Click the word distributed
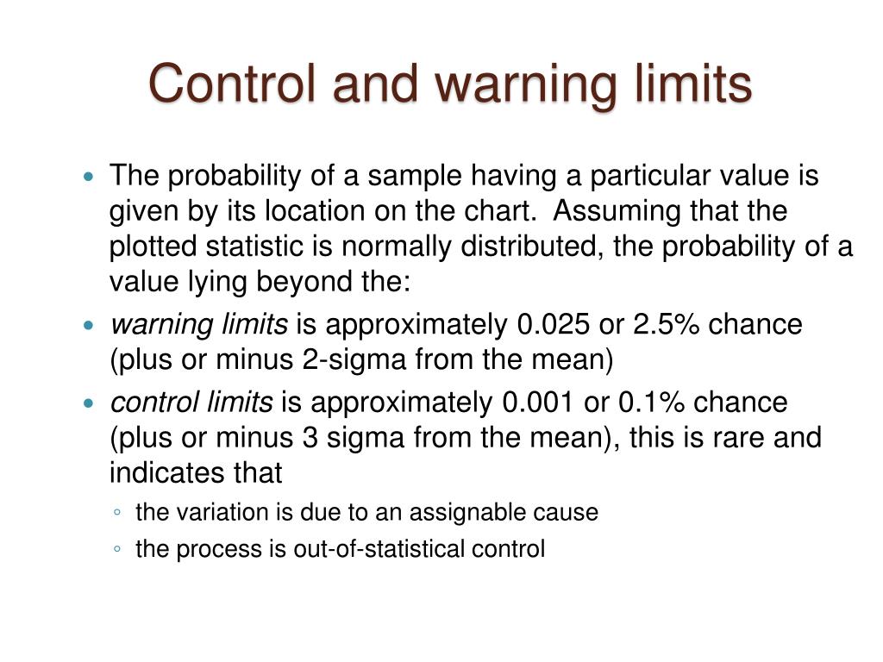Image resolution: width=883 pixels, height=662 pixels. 533,247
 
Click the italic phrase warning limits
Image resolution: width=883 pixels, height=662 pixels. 199,325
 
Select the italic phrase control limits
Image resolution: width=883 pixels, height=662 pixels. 191,403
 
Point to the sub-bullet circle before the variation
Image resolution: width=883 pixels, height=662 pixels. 116,513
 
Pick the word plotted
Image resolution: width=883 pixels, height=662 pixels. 153,247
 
